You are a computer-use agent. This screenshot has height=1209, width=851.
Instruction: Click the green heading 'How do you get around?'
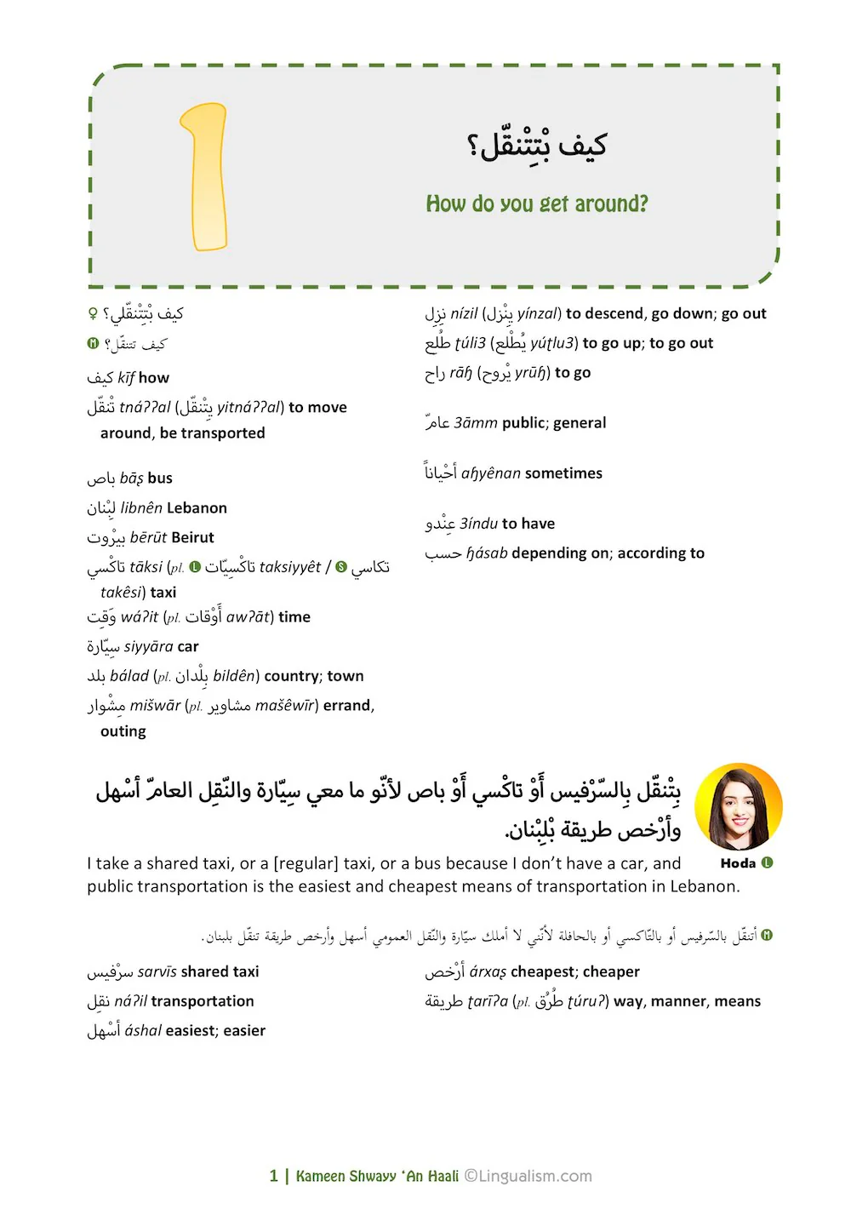tap(536, 204)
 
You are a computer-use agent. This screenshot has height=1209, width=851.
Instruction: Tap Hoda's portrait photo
tap(738, 806)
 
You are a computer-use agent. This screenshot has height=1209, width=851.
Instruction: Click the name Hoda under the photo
tap(737, 863)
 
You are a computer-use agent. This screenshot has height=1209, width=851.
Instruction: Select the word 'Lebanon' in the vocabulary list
tap(197, 508)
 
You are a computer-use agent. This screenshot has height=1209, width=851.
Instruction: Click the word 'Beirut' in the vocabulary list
tap(191, 538)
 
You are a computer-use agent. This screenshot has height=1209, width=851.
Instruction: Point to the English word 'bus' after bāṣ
tap(160, 478)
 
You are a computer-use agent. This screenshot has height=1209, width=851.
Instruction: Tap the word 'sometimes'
tap(563, 473)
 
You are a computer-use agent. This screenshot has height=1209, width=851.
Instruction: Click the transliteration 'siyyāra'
tap(149, 647)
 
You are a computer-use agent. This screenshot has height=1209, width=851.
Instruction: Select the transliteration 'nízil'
tap(464, 314)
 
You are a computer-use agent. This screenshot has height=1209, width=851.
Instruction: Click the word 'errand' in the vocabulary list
tap(346, 706)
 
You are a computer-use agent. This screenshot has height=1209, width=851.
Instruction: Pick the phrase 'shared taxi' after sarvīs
tap(220, 972)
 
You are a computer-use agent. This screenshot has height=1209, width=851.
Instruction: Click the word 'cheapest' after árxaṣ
tap(541, 972)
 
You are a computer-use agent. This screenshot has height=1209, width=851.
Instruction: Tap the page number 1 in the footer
tap(274, 1177)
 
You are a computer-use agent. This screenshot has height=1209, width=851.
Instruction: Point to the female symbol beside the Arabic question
tap(93, 315)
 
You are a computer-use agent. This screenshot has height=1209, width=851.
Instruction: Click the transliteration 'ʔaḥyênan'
tap(490, 473)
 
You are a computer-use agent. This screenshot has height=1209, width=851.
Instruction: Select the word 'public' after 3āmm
tap(523, 423)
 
